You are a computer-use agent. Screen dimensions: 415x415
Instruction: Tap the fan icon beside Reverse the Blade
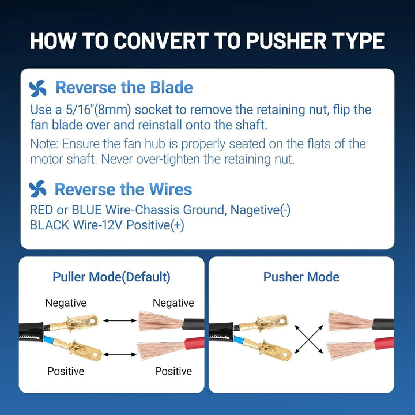(37, 88)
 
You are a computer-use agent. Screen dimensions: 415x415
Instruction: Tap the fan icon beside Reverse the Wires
(37, 189)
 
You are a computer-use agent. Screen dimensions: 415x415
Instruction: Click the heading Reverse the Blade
(124, 88)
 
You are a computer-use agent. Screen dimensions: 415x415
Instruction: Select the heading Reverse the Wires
(123, 189)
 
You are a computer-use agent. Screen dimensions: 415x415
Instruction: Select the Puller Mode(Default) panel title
(111, 277)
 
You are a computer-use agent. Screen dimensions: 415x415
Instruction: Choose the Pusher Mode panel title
(301, 277)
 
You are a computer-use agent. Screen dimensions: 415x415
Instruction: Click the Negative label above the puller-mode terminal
(66, 303)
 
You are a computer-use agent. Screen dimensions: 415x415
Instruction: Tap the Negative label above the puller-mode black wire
(173, 303)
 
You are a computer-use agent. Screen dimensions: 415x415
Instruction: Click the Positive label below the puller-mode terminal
(66, 371)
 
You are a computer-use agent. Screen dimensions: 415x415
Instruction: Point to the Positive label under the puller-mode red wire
(173, 371)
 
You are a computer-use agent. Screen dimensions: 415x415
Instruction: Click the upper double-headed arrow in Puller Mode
(119, 320)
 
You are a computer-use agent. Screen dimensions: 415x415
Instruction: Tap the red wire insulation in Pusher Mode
(383, 345)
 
